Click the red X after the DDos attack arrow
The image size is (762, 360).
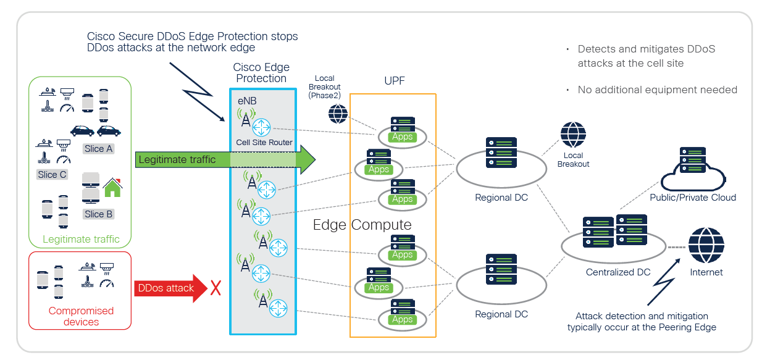click(x=216, y=288)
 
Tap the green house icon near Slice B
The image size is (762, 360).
click(x=112, y=188)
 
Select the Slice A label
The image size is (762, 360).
click(x=99, y=148)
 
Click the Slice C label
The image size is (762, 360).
click(x=52, y=175)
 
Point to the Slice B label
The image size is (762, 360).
click(x=99, y=214)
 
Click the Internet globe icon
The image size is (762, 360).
click(x=706, y=245)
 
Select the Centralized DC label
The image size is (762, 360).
click(x=618, y=272)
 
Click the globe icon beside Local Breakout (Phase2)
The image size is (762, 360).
click(x=338, y=114)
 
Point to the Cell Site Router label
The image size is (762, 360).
click(x=264, y=143)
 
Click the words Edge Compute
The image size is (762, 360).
click(x=362, y=224)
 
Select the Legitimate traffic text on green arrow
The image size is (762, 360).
click(x=177, y=160)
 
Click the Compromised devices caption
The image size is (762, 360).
click(x=81, y=316)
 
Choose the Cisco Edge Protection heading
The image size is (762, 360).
click(x=261, y=73)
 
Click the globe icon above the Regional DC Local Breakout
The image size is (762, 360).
click(x=573, y=135)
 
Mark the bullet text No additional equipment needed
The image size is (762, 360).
click(x=657, y=90)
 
